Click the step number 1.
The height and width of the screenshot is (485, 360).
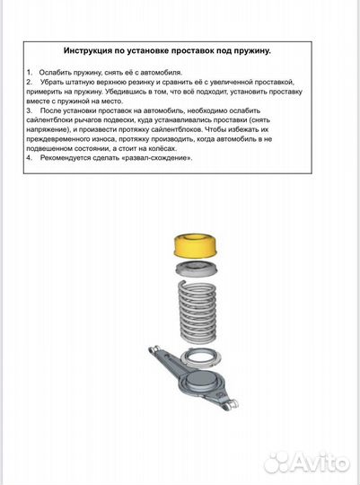(29, 71)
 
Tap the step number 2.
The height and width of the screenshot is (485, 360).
(29, 81)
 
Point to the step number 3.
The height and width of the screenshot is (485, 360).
(29, 110)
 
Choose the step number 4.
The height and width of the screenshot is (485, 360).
(29, 158)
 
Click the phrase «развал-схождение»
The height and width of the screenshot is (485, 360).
(160, 158)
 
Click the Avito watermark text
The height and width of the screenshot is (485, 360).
(319, 463)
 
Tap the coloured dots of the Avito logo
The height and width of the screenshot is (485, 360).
(277, 462)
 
